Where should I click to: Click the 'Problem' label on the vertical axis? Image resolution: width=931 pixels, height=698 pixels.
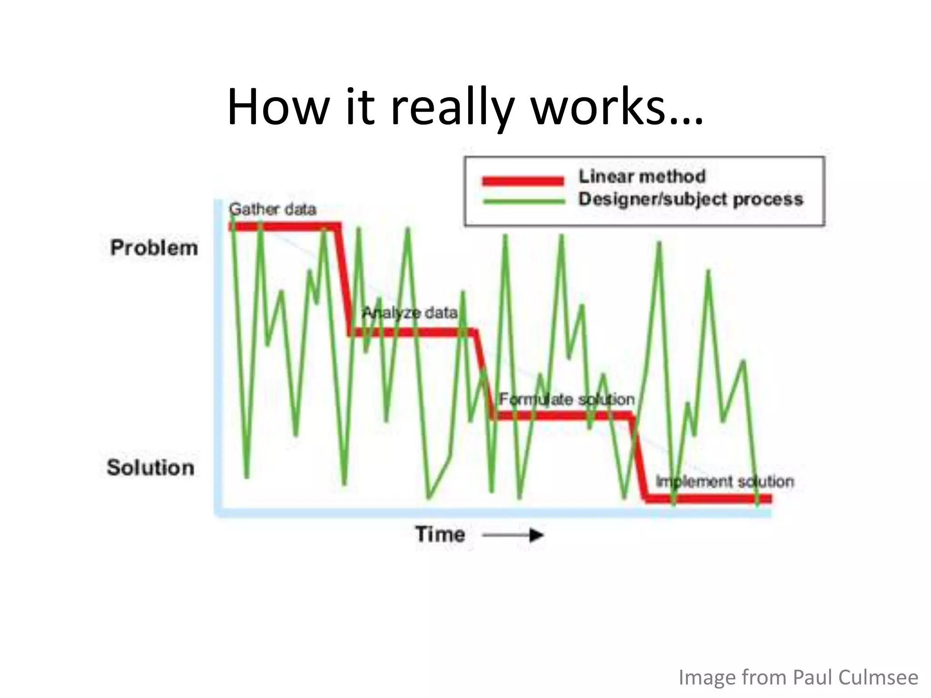pos(154,248)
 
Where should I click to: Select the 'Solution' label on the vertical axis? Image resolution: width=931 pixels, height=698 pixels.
pos(150,468)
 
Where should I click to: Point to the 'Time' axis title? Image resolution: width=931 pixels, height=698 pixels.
pos(440,534)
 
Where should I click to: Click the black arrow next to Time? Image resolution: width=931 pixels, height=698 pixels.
pos(514,535)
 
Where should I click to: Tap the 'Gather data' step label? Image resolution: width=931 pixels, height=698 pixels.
pos(272,209)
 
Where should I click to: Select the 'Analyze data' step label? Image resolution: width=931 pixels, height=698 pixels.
pos(410,313)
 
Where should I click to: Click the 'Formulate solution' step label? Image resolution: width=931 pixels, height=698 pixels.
pos(566,399)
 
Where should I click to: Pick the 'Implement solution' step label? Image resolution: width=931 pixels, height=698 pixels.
pos(725,482)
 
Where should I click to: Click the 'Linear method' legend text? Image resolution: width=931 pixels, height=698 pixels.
pos(641,176)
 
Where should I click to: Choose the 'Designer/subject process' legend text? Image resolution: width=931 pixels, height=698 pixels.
pos(691,199)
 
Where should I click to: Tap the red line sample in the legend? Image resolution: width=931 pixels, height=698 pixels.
pos(523,181)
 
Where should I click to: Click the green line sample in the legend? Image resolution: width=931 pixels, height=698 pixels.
pos(524,201)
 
